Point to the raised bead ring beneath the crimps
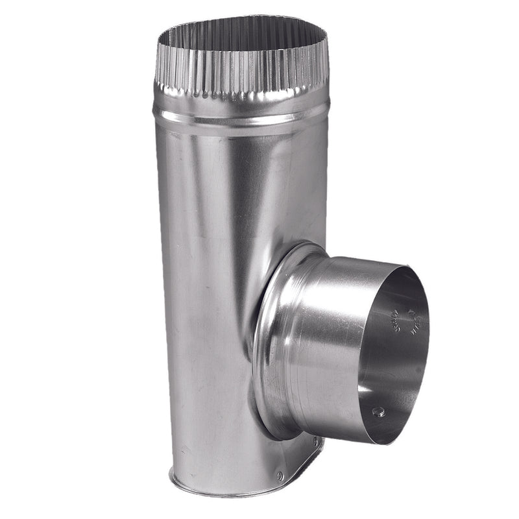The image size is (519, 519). click(240, 117)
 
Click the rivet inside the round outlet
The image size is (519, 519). click(378, 411)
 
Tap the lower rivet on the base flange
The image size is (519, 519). click(280, 476)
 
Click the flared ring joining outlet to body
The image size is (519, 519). click(272, 337)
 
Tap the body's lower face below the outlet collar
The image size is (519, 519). click(214, 415)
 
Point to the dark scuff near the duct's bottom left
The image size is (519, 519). click(185, 448)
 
